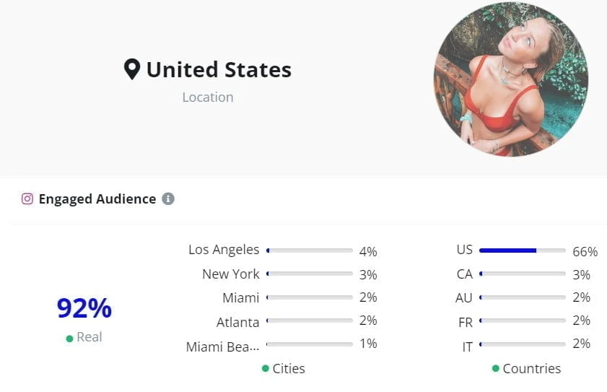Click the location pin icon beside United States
tap(131, 69)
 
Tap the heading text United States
tap(219, 69)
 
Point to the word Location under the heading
tap(208, 97)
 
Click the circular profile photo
tap(511, 79)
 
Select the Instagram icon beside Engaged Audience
tap(27, 199)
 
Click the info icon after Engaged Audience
tap(168, 199)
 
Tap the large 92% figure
tap(84, 308)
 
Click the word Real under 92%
tap(89, 337)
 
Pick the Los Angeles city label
tap(224, 250)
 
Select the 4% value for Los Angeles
tap(368, 252)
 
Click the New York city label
tap(231, 274)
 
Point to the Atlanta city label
tap(237, 322)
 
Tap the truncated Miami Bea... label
tap(222, 347)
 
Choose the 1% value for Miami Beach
tap(368, 344)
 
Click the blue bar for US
tap(507, 251)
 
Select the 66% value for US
tap(585, 252)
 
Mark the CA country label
tap(465, 274)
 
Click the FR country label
tap(466, 323)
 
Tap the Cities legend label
tap(289, 368)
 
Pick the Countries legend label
tap(532, 368)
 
